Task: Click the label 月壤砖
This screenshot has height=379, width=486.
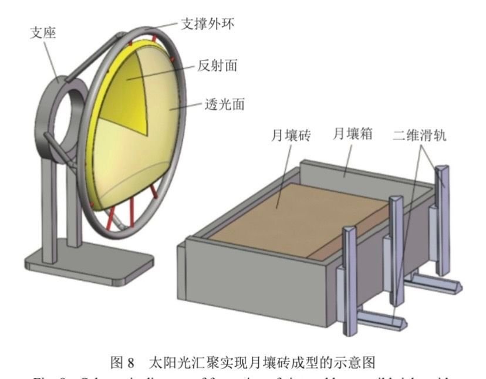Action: coord(290,136)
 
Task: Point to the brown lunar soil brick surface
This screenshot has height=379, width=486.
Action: coord(299,217)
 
